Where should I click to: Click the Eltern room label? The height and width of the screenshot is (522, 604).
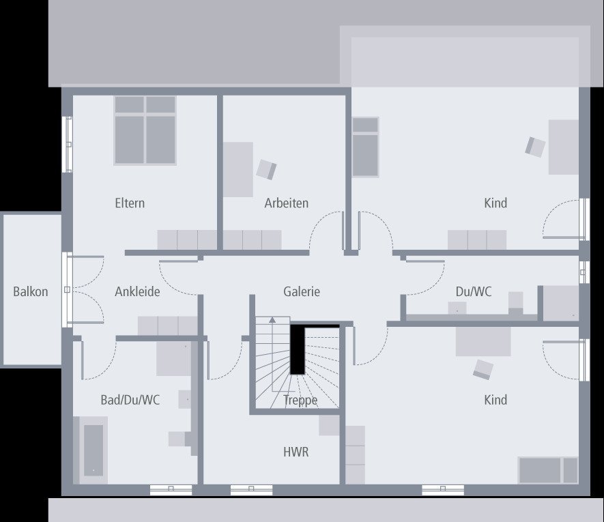130,203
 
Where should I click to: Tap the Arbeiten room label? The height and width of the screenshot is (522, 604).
287,203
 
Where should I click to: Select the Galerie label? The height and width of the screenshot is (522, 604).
302,292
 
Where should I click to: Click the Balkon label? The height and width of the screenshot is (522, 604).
31,292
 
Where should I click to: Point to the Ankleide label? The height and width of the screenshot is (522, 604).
137,292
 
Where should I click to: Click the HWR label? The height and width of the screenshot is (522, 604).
296,452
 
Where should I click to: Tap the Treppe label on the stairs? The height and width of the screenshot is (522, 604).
300,401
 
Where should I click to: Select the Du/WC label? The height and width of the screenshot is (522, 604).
474,292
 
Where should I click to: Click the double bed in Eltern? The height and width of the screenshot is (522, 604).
145,130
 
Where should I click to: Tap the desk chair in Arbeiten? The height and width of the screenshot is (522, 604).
266,169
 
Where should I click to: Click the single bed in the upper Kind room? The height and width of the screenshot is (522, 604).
365,146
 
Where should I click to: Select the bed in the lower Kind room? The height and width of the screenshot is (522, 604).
548,470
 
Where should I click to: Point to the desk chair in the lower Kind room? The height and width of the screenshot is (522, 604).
483,369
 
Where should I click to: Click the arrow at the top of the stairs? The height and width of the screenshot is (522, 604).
273,319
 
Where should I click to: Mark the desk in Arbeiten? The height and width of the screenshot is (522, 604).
238,169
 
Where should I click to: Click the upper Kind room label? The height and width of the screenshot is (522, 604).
495,203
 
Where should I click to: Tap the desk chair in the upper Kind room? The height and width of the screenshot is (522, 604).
536,146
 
